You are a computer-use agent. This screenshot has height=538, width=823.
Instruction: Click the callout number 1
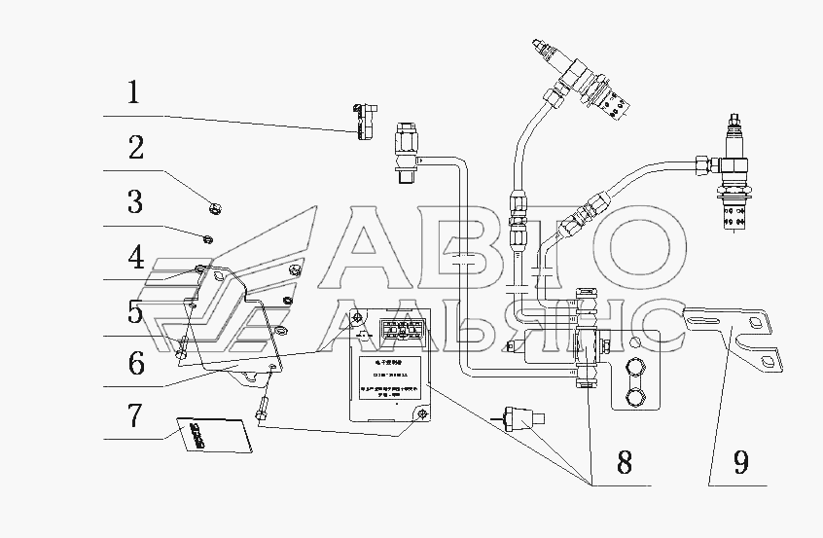pyautogui.click(x=133, y=93)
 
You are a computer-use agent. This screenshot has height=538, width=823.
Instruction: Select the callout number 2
pyautogui.click(x=135, y=149)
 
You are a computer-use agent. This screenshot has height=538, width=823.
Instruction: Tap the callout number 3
pyautogui.click(x=134, y=203)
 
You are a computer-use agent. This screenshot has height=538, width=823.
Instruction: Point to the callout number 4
pyautogui.click(x=134, y=258)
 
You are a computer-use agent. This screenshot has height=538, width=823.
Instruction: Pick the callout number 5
pyautogui.click(x=134, y=312)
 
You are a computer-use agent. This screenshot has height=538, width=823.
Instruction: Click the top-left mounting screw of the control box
pyautogui.click(x=358, y=320)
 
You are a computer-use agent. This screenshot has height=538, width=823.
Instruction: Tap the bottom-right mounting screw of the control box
pyautogui.click(x=420, y=416)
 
